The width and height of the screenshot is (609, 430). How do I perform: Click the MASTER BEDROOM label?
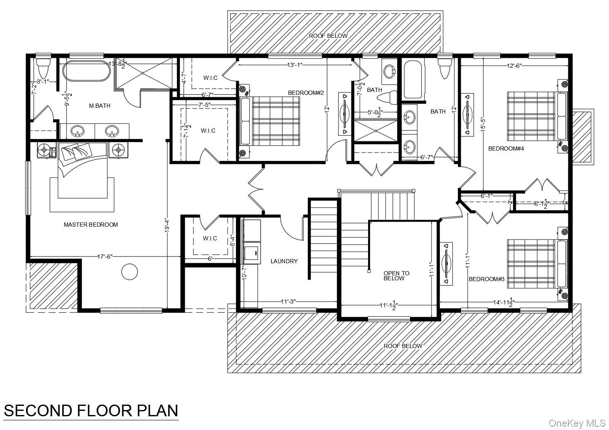(91, 225)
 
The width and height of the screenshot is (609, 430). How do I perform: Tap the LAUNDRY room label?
(284, 261)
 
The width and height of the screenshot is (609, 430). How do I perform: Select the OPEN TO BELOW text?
(396, 276)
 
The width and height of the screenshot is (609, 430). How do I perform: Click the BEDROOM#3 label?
(486, 279)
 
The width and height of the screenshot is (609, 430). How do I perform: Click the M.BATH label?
(100, 106)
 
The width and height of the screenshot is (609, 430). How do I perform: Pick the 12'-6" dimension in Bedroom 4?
(514, 65)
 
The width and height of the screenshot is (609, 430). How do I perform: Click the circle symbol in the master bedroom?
(129, 272)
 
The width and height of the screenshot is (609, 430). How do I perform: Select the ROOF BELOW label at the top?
(328, 36)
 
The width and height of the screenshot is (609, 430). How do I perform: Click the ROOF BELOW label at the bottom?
(403, 346)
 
